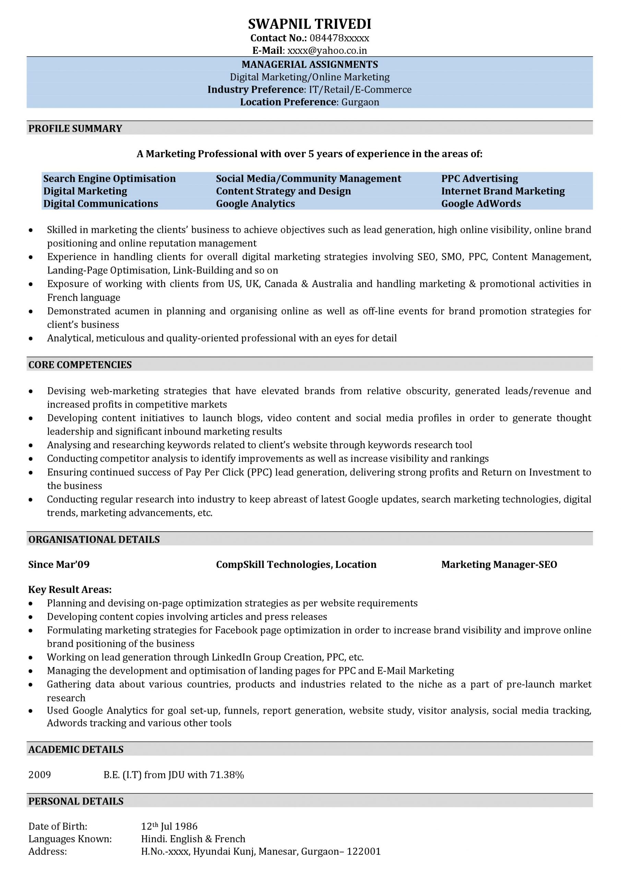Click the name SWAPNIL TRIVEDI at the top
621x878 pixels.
[309, 24]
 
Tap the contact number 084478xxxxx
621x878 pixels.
[339, 38]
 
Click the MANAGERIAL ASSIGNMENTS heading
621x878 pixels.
[309, 64]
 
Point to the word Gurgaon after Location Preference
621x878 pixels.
[360, 102]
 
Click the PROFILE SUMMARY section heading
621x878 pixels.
[75, 129]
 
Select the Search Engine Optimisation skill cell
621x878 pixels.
[109, 179]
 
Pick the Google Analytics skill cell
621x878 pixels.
[255, 203]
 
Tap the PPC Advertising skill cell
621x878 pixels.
[479, 179]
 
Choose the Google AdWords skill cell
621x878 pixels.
[481, 203]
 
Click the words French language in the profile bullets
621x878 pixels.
[83, 297]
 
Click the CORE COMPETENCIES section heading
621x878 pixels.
[80, 365]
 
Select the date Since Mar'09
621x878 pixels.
[59, 565]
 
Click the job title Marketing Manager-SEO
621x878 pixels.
[499, 565]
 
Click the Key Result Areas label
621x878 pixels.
[70, 590]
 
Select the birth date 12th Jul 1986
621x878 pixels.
[169, 826]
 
